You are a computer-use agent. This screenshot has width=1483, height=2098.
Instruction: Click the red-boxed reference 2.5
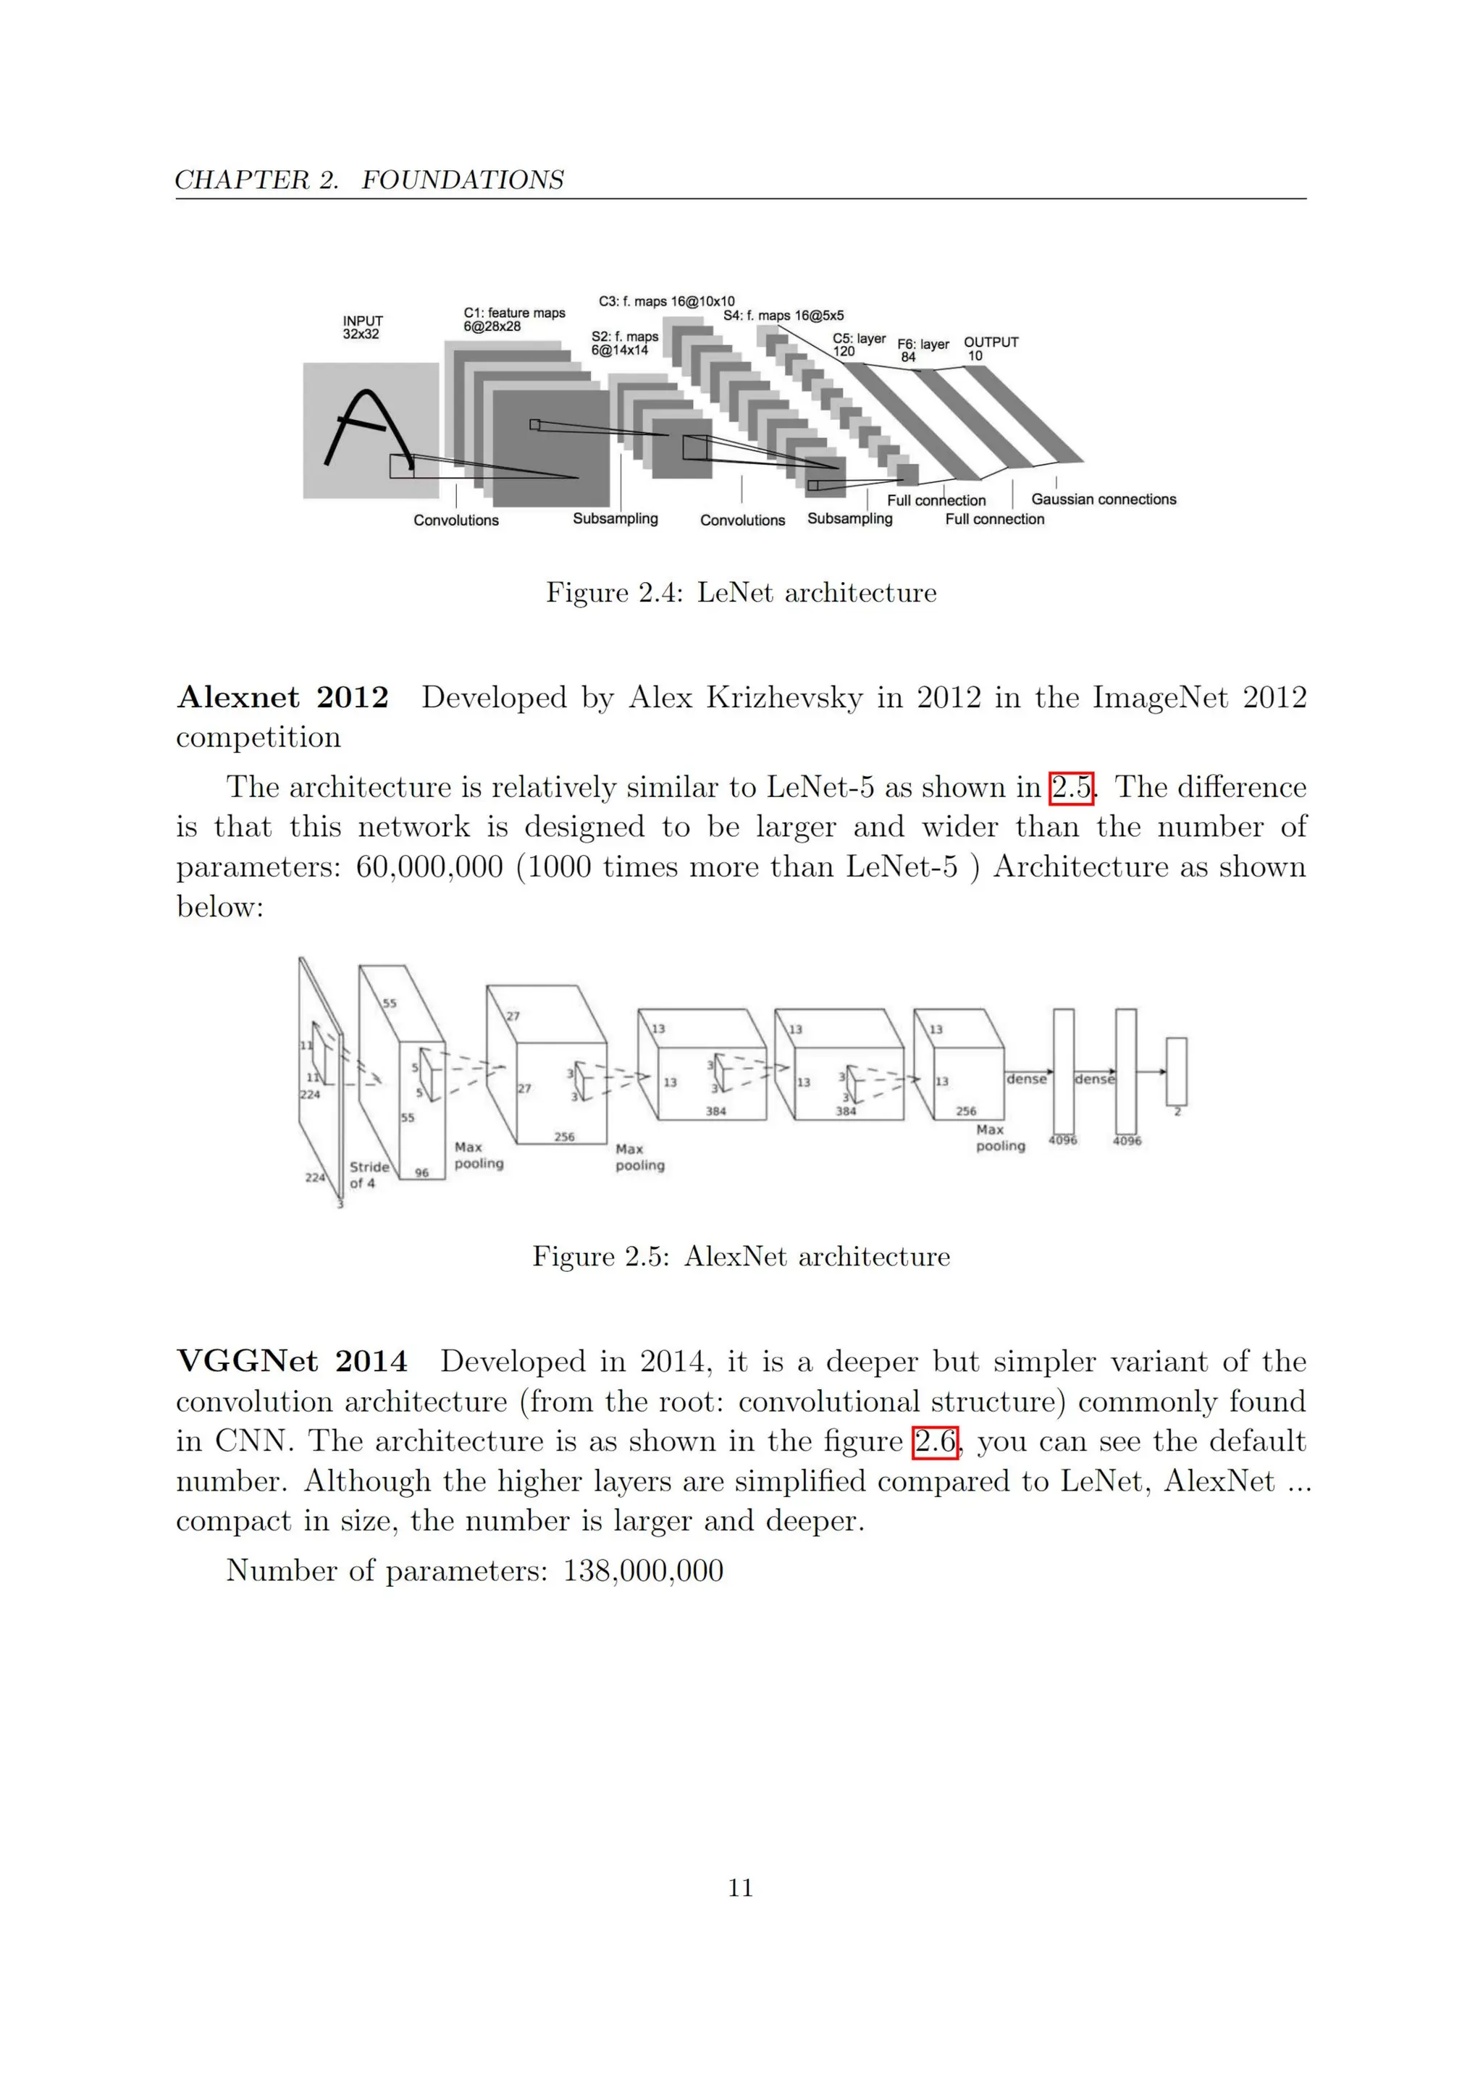tap(1071, 787)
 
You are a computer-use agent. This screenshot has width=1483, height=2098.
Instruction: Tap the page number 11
tap(740, 1888)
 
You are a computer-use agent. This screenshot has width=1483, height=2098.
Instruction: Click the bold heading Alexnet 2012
tap(282, 697)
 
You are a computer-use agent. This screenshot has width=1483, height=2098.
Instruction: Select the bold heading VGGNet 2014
tap(292, 1362)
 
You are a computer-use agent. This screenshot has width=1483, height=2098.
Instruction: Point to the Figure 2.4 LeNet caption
tap(741, 592)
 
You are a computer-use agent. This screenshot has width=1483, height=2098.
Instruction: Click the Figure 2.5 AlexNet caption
tap(741, 1257)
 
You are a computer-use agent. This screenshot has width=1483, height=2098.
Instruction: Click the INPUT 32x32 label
tap(363, 327)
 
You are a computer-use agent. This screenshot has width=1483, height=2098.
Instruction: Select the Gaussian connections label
tap(1104, 499)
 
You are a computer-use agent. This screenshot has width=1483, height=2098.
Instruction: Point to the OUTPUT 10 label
tap(991, 348)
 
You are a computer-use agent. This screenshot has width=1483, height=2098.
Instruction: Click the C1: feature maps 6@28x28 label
tap(513, 319)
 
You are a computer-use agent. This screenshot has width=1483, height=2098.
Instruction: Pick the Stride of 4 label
tap(369, 1174)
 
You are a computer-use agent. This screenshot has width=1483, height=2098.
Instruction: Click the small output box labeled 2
tap(1176, 1071)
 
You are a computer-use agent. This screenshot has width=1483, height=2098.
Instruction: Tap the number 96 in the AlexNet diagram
tap(422, 1172)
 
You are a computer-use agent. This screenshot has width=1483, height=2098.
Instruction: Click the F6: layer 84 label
tap(922, 350)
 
